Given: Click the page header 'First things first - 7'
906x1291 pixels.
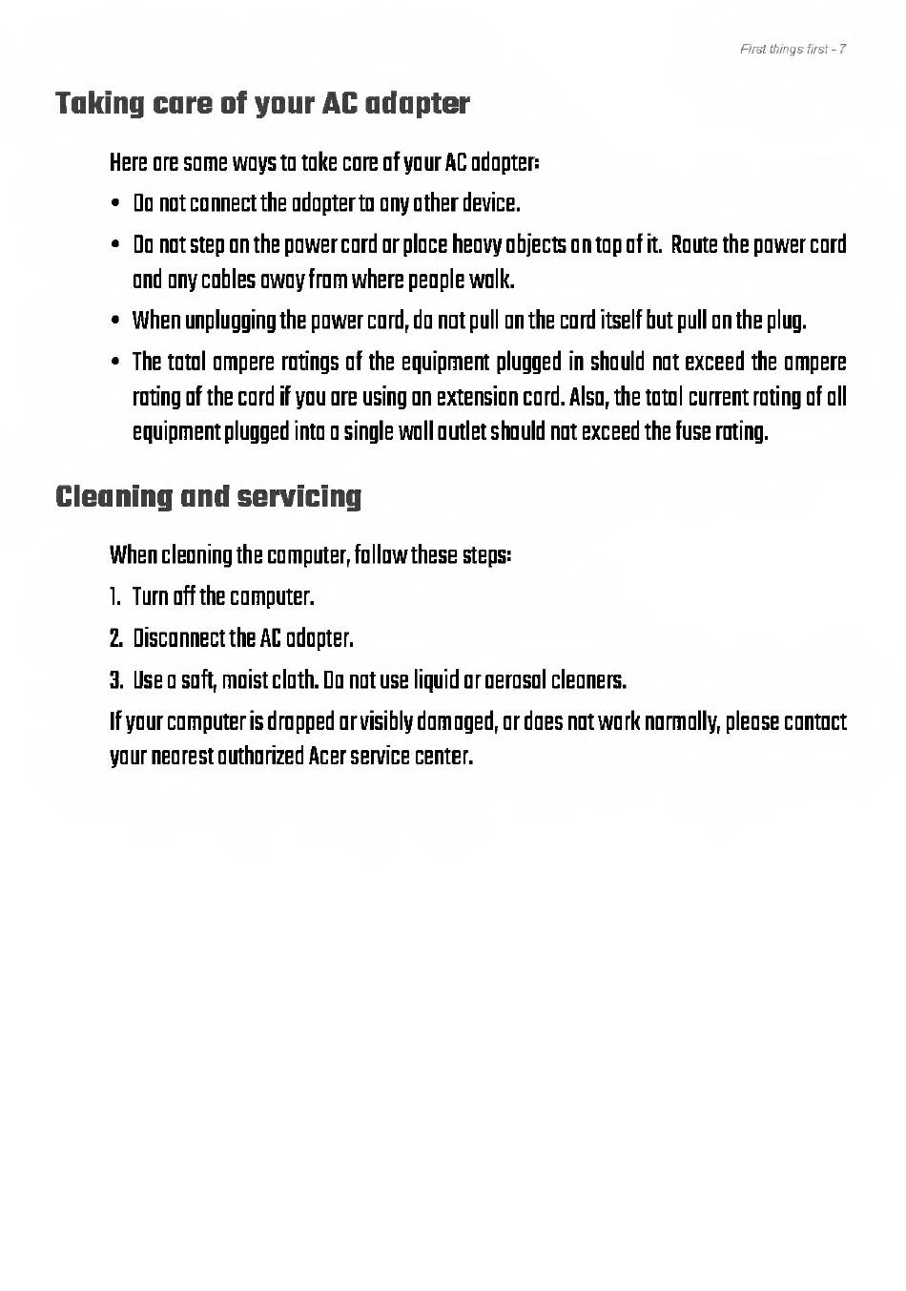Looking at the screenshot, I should pos(793,50).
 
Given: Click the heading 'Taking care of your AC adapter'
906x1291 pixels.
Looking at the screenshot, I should pos(262,103).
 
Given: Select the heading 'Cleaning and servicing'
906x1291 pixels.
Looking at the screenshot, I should pos(209,496).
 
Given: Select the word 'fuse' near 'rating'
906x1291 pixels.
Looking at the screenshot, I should pos(692,432).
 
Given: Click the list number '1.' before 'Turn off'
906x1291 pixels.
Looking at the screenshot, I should pos(114,597).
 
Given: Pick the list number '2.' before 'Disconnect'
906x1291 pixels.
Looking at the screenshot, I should pos(115,638).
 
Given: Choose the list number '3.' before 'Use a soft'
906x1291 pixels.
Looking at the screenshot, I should pos(115,680).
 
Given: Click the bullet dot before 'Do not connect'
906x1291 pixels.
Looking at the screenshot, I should pos(115,204).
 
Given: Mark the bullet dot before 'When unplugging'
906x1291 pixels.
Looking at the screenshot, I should pos(115,321).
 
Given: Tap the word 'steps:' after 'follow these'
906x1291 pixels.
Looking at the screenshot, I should pos(487,555).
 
